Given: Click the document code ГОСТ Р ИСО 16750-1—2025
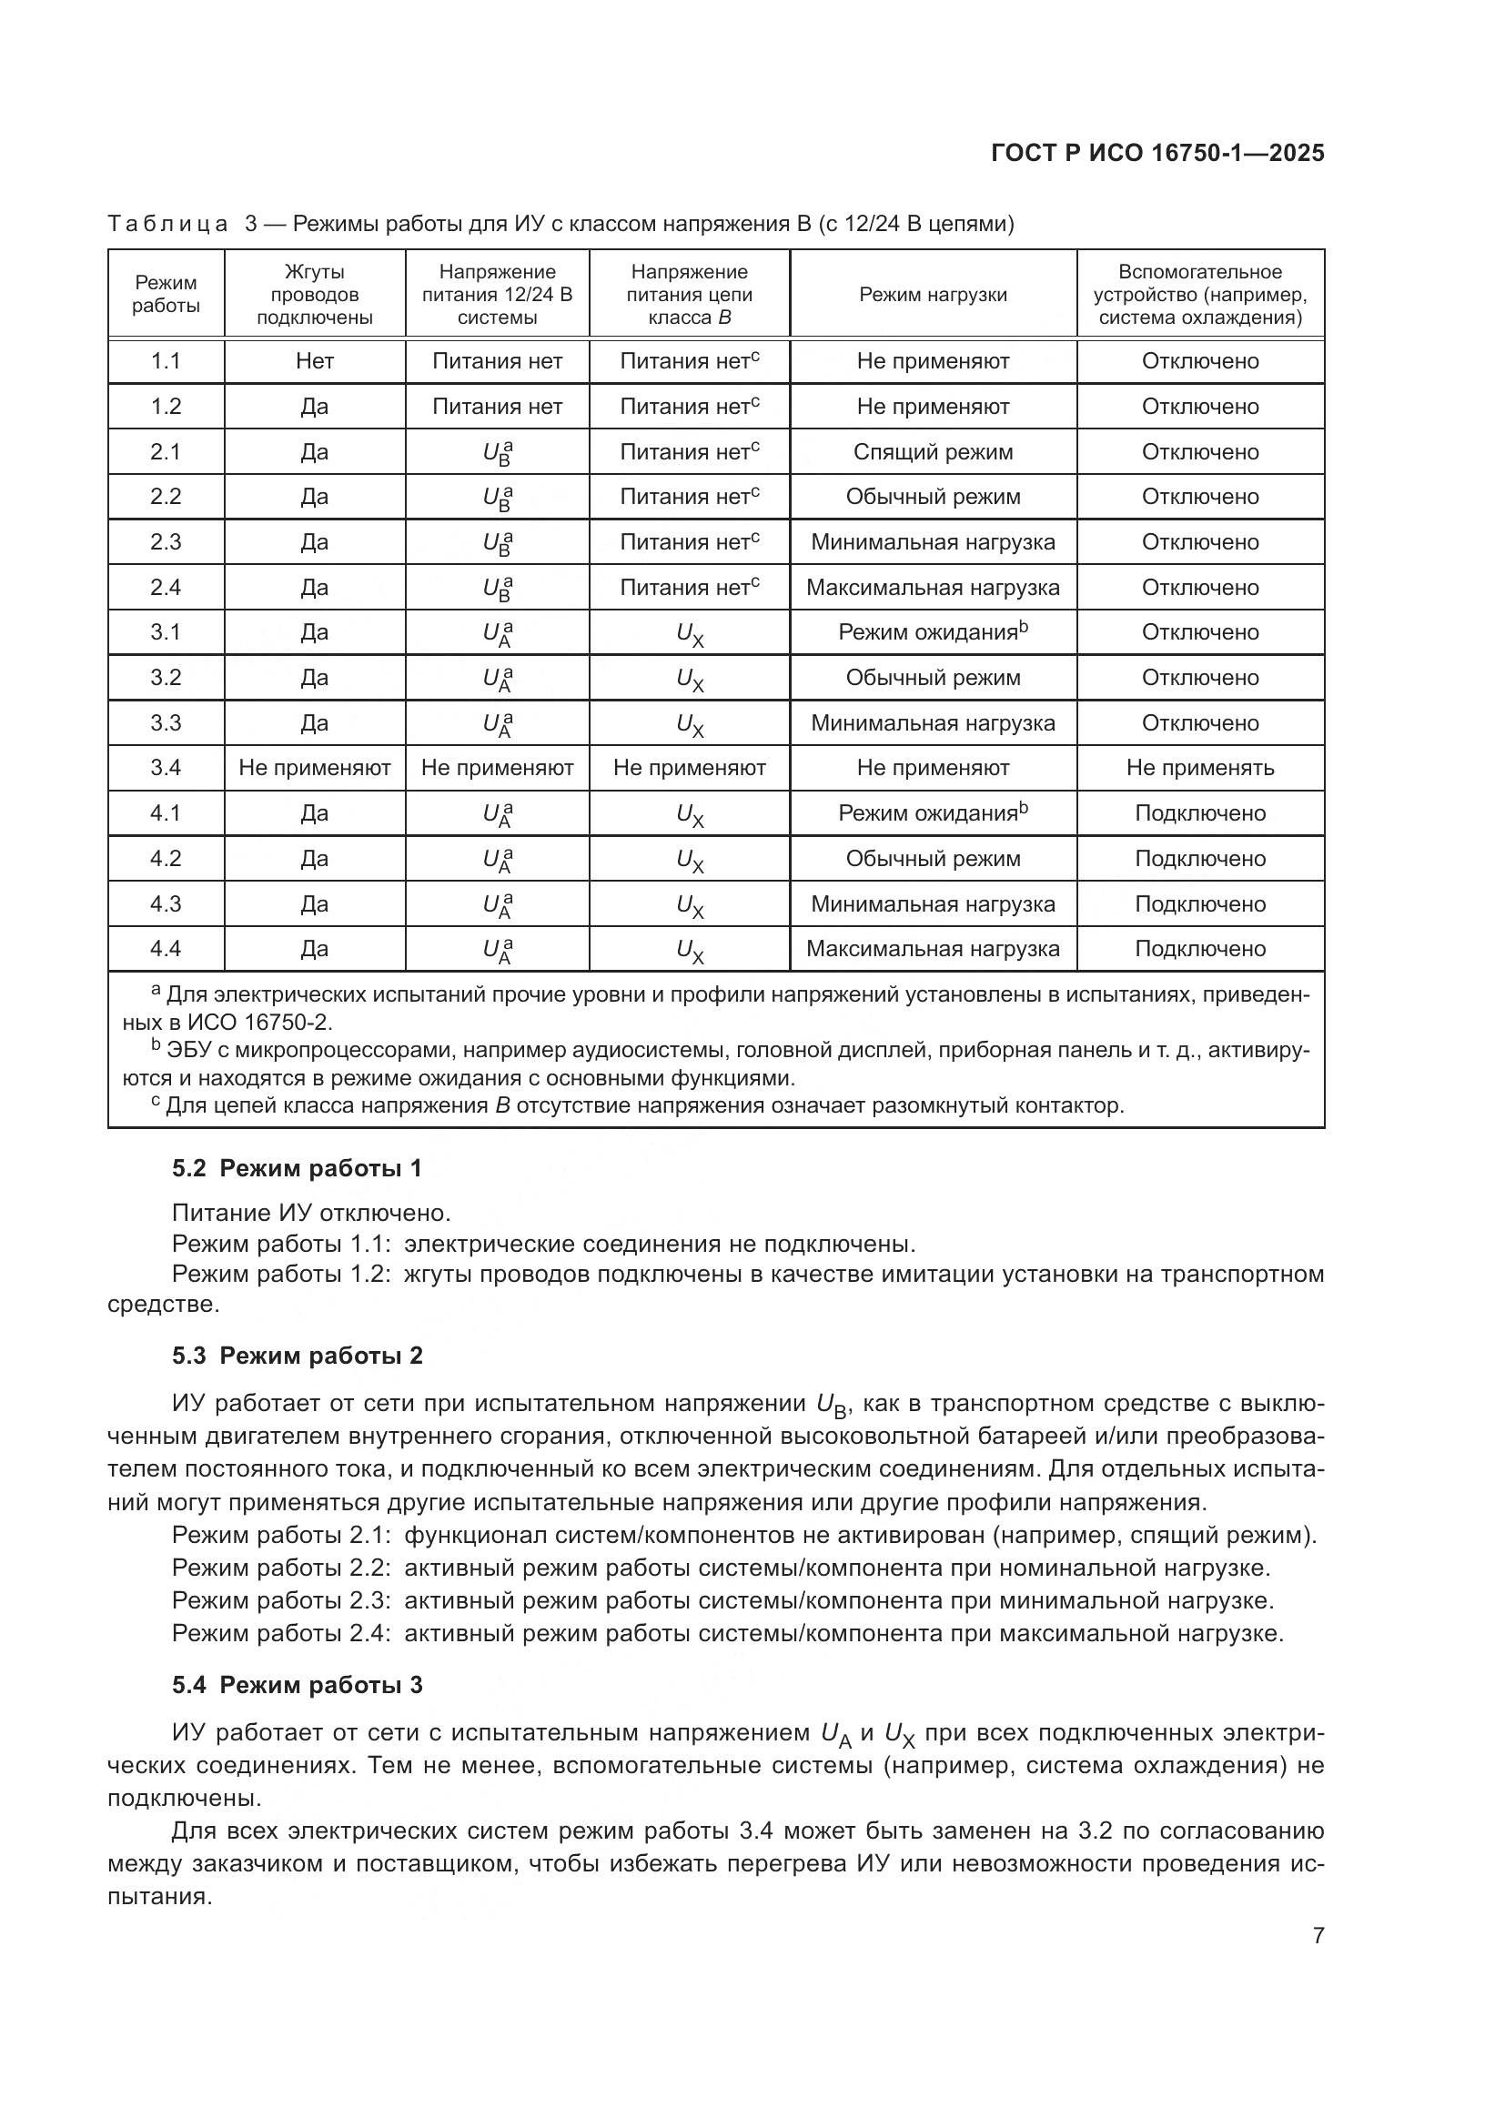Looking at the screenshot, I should click(x=1157, y=154).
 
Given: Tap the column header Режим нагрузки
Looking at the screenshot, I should click(x=933, y=295).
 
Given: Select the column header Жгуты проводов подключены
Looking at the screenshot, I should click(x=314, y=295).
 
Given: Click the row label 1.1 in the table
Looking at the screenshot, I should click(x=166, y=361).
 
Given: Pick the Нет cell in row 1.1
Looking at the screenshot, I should click(x=314, y=361).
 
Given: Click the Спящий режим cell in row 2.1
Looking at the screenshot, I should click(x=933, y=452).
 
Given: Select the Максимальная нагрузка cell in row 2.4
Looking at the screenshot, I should click(x=933, y=588).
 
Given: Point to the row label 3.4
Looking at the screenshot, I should click(x=166, y=768).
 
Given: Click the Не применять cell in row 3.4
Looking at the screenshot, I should click(x=1199, y=768).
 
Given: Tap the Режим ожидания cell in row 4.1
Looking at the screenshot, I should click(x=933, y=812).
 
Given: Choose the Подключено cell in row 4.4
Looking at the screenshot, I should click(x=1199, y=949).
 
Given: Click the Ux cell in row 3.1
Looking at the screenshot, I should click(x=690, y=634).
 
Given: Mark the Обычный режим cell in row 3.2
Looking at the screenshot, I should click(x=933, y=678).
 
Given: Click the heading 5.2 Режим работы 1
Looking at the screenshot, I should click(x=297, y=1169).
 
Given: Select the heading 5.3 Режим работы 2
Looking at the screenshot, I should click(x=297, y=1356).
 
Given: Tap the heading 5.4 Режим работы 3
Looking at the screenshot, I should click(x=297, y=1685).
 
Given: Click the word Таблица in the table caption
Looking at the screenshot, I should click(x=167, y=225).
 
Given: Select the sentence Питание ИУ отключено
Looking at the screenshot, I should click(x=311, y=1214).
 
